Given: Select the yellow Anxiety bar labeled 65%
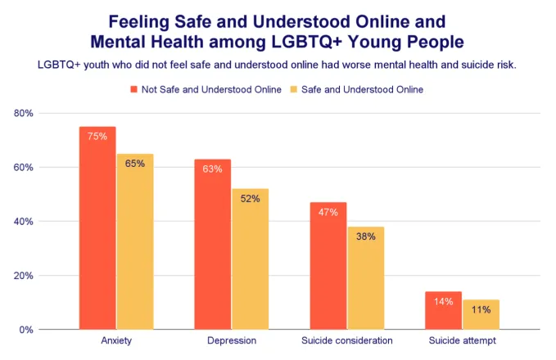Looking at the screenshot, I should tap(134, 241).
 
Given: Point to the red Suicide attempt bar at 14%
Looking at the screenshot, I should tap(443, 310).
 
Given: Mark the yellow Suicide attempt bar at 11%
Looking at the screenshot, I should tap(481, 314).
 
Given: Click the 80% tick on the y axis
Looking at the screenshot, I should tap(23, 114).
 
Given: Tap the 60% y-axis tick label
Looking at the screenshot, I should tap(23, 168).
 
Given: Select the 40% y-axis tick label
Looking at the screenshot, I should tap(23, 222).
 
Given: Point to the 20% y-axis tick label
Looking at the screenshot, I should tap(23, 276).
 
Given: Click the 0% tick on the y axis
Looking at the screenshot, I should tap(25, 330).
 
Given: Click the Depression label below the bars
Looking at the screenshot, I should tap(231, 340).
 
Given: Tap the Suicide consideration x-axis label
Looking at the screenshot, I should tap(346, 340).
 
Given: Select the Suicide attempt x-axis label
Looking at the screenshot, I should tap(462, 340).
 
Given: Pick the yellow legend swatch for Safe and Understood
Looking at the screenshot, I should tap(296, 89).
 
